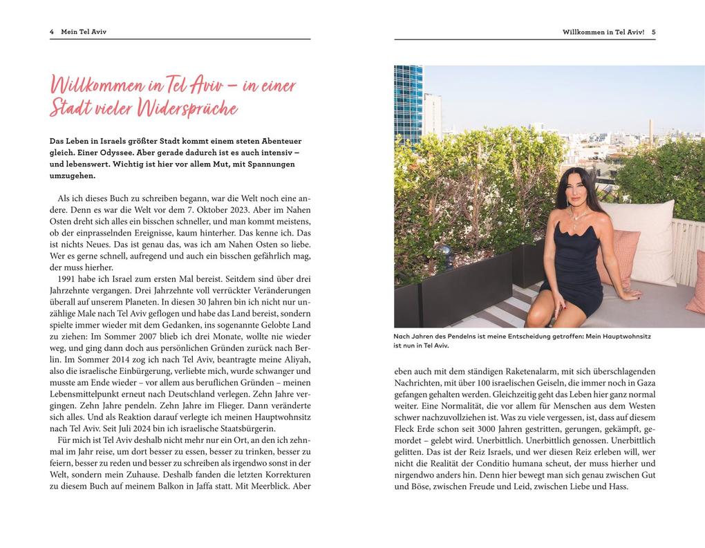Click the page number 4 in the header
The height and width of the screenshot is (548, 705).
point(52,32)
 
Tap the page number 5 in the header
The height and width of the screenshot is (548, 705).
point(653,32)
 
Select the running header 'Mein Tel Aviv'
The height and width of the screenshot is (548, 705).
point(84,32)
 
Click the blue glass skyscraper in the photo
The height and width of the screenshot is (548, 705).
point(408,104)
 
